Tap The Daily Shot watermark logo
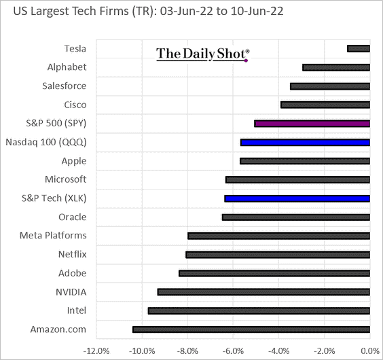(202, 54)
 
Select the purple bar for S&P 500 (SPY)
(312, 124)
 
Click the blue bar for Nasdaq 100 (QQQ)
(305, 143)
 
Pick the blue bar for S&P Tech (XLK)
(297, 198)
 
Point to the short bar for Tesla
(358, 48)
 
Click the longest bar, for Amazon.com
(251, 329)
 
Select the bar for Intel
(259, 310)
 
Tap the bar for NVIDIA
(263, 292)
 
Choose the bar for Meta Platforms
(278, 236)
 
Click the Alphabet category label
(67, 67)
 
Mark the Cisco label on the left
(75, 105)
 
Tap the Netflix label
(72, 254)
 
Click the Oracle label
(72, 217)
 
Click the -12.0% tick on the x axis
(95, 350)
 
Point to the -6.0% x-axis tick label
(232, 350)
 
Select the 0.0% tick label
(369, 350)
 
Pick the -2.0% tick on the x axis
(324, 350)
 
